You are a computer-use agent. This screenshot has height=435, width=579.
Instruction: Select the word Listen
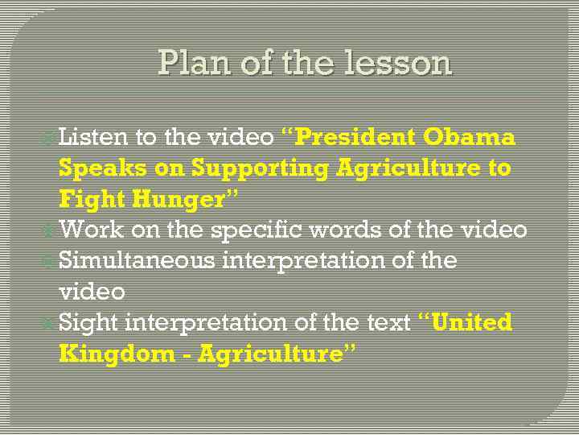92,137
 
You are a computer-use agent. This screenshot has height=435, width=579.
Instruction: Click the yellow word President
356,137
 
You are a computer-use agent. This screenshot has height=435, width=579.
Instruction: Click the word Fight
91,199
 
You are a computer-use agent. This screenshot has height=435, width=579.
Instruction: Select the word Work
91,230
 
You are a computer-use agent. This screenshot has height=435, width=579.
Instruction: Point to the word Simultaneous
137,261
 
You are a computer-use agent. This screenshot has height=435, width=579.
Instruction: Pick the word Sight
88,323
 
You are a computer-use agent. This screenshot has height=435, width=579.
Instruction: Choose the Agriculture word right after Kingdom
266,354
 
